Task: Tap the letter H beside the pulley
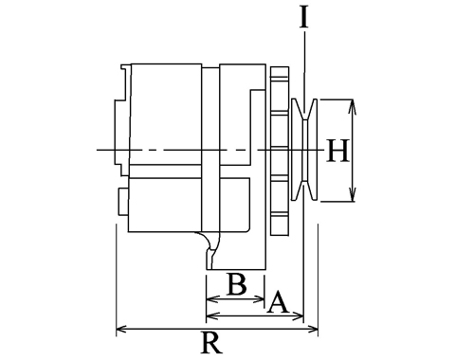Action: pos(338,151)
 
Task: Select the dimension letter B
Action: pos(237,284)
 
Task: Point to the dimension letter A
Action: pos(278,301)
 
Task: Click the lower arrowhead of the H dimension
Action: pos(353,194)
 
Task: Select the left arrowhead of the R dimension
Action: pos(122,330)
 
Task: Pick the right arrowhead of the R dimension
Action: pos(312,330)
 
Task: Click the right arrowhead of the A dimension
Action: pos(298,315)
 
